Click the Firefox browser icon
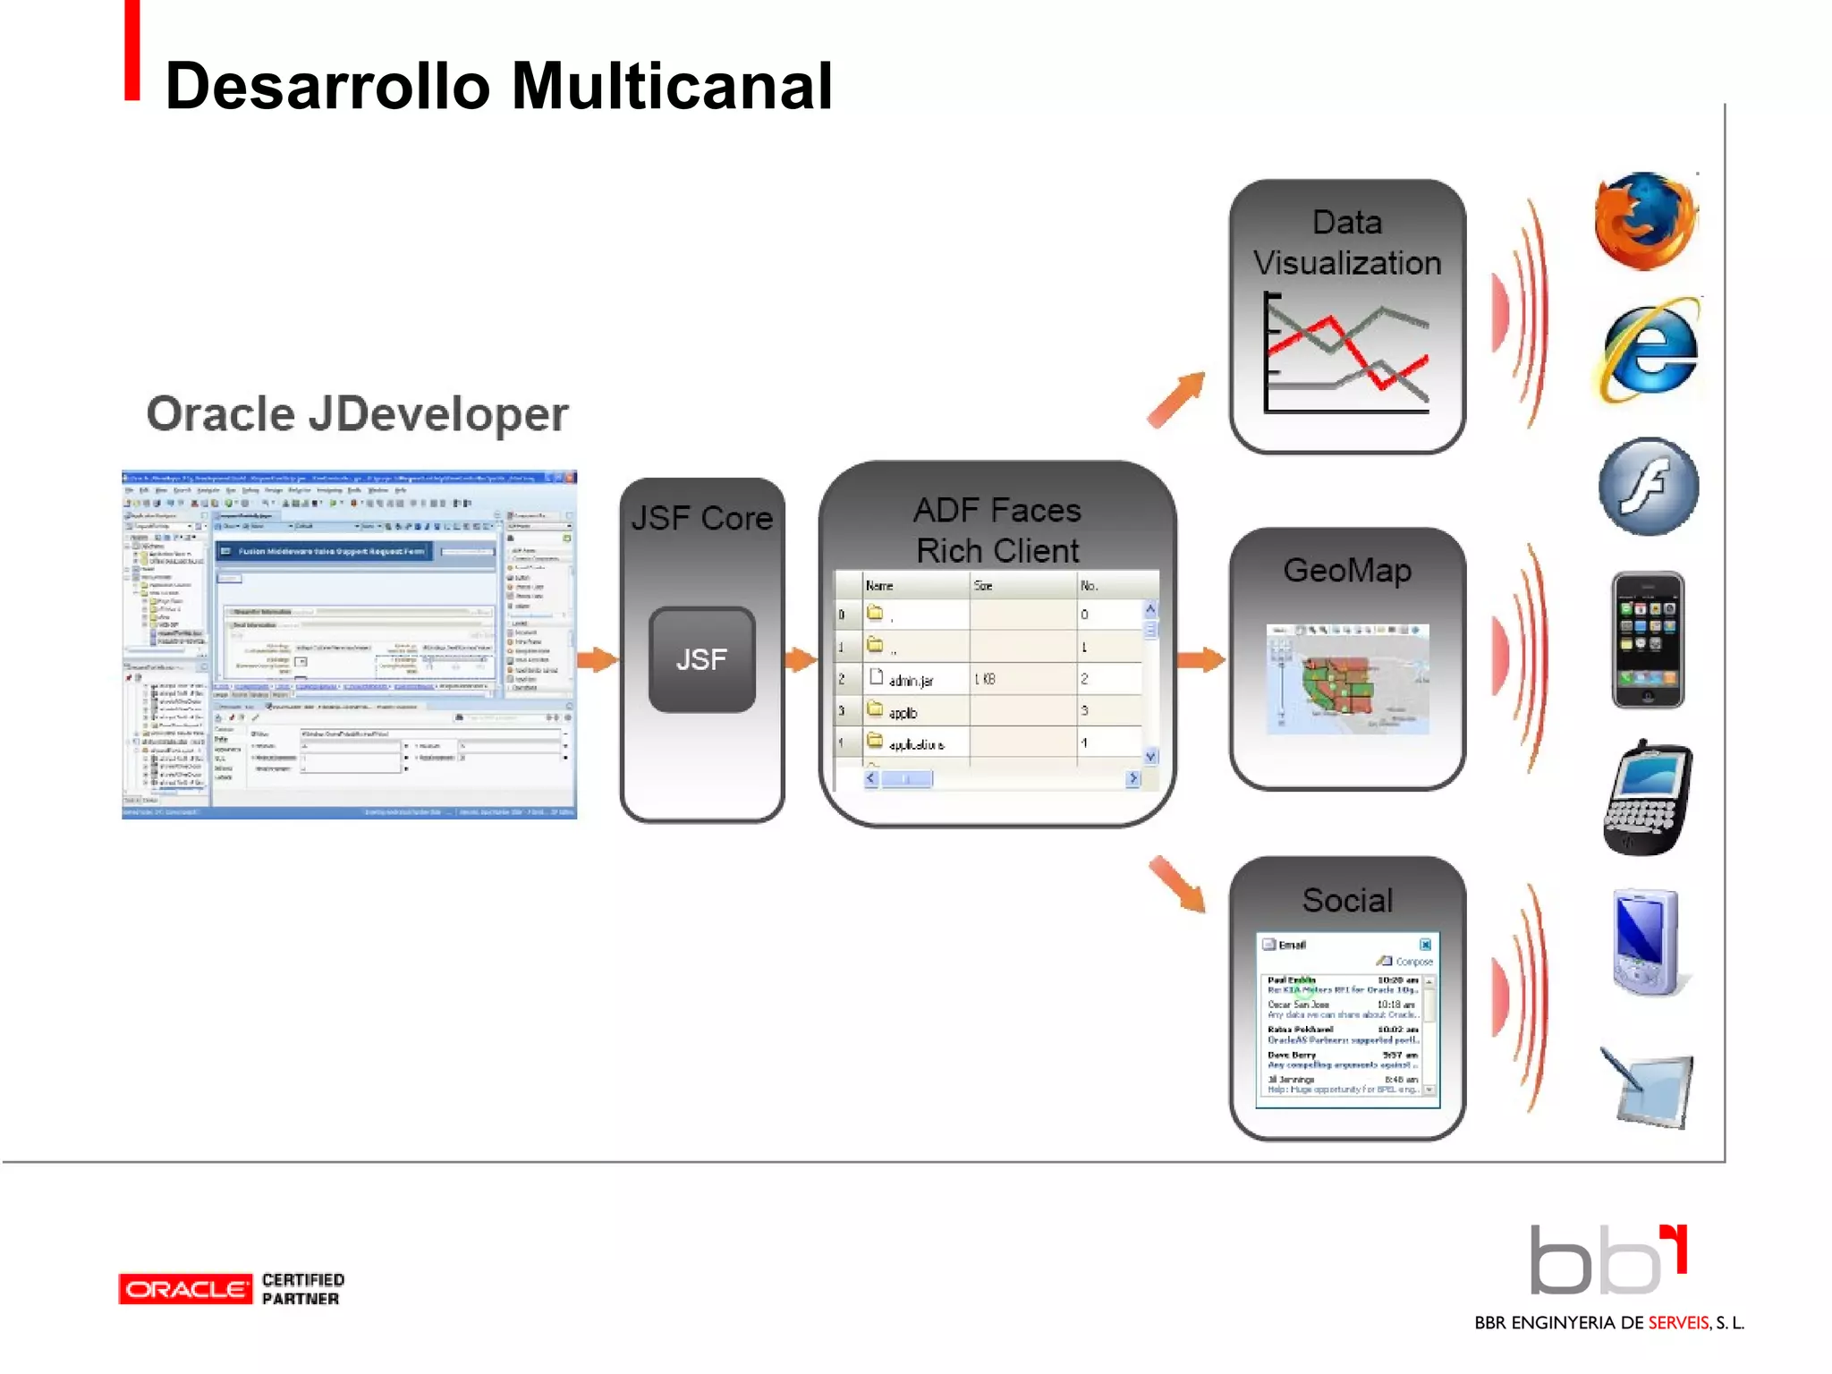[x=1646, y=221]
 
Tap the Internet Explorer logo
[x=1648, y=351]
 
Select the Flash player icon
[x=1648, y=487]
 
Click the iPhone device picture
[x=1647, y=640]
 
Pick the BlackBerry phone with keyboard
[x=1647, y=798]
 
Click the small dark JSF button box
[x=701, y=660]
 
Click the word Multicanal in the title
[x=671, y=87]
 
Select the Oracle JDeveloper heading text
[x=357, y=414]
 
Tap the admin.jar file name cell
[x=910, y=681]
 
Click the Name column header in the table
[x=879, y=586]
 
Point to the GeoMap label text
[x=1346, y=570]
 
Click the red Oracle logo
[x=185, y=1289]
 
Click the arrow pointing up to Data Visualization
[x=1176, y=400]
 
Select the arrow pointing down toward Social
[x=1176, y=885]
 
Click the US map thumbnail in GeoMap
[x=1346, y=680]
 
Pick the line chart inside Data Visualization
[x=1346, y=353]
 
